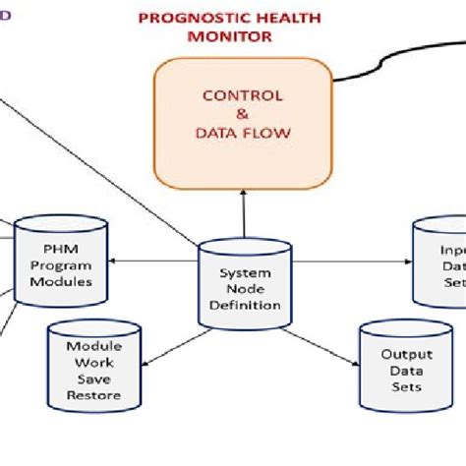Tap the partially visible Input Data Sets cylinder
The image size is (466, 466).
pyautogui.click(x=438, y=260)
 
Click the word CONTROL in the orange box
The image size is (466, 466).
pyautogui.click(x=242, y=96)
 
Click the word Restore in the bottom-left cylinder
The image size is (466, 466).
pyautogui.click(x=94, y=396)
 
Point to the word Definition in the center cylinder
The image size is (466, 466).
pyautogui.click(x=245, y=305)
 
